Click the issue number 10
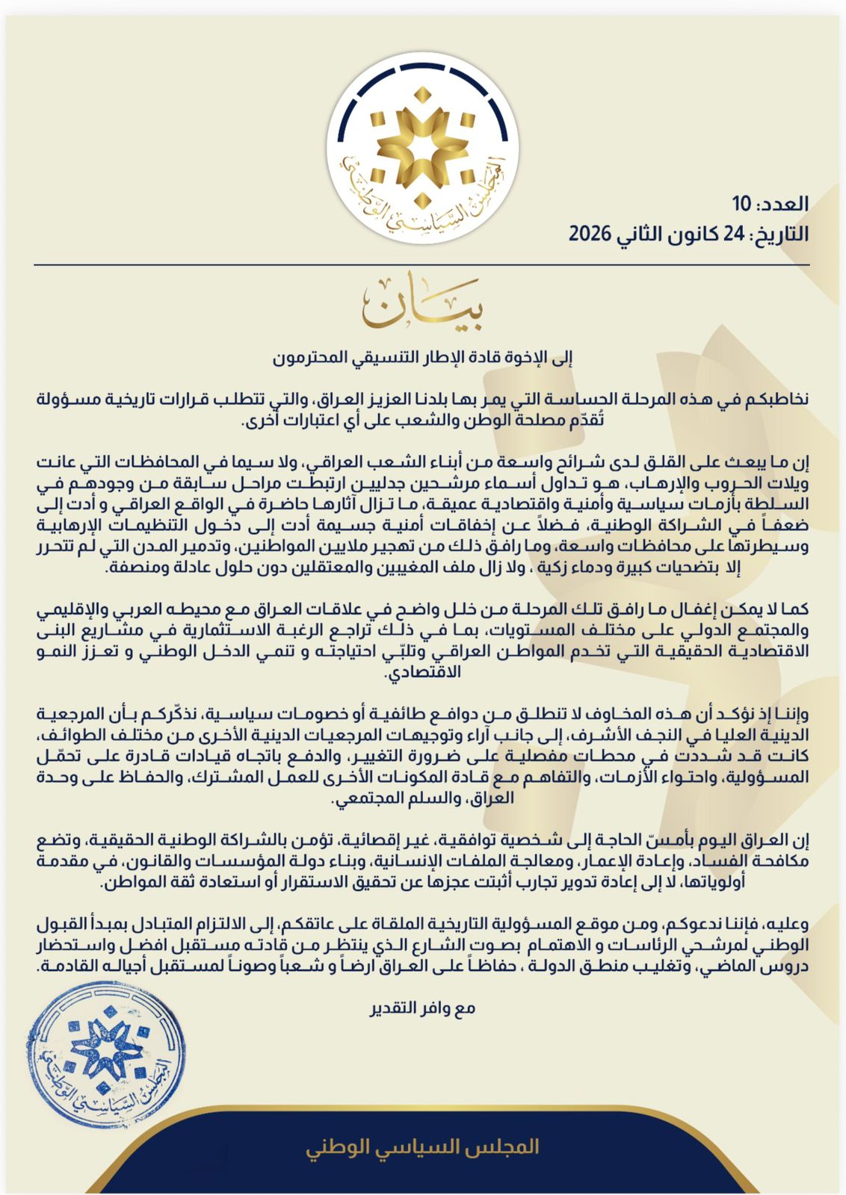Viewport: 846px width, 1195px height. pos(741,204)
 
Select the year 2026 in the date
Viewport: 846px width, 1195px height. pos(590,234)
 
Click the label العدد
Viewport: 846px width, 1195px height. pos(782,204)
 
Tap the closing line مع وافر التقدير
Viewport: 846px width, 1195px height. pos(422,1008)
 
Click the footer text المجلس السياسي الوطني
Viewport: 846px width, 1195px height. pos(422,1147)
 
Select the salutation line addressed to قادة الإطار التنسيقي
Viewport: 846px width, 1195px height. pos(422,357)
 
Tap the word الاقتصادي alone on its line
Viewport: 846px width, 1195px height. pos(422,672)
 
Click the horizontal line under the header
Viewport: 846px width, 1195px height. pos(422,264)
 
